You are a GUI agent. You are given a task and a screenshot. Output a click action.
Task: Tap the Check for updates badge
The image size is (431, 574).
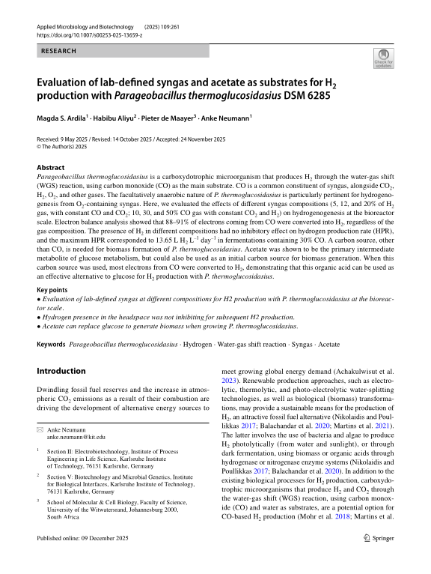click(383, 59)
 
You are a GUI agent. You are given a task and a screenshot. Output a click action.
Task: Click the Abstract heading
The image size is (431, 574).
click(50, 168)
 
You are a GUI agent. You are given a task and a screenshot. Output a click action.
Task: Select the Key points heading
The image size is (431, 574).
click(53, 289)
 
